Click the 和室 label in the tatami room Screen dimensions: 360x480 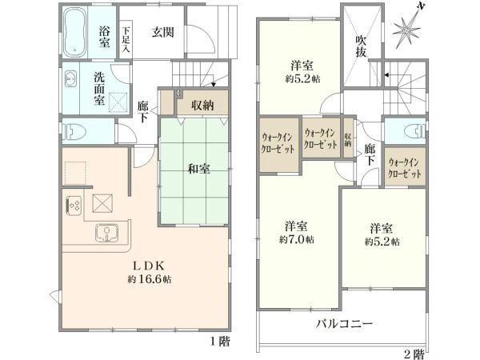198,169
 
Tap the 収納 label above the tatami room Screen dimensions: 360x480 202,105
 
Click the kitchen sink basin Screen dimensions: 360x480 106,234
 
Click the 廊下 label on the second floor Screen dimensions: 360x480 370,155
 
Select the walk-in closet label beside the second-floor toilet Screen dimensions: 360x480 403,167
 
